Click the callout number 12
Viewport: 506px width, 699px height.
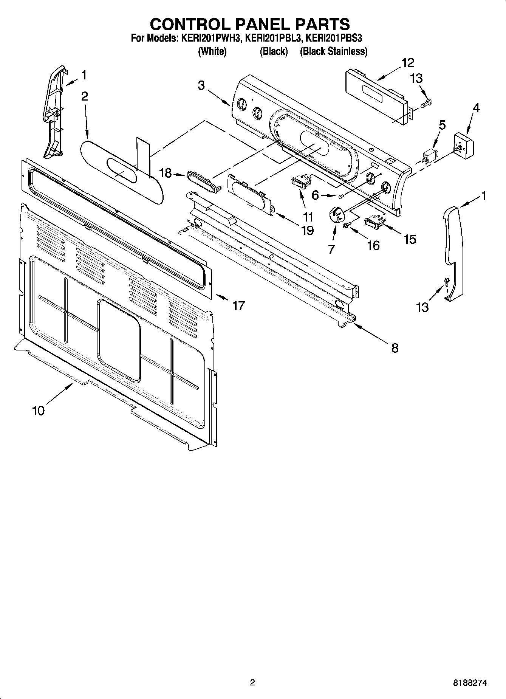pos(408,63)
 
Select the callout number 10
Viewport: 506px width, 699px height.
pos(39,410)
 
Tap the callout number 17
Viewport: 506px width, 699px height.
pos(238,305)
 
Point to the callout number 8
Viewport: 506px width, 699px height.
pos(395,348)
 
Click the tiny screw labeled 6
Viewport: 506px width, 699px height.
pos(340,196)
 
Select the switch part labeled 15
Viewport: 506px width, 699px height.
pos(374,222)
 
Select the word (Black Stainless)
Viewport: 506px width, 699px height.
pos(333,51)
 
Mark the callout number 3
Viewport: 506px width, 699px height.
pos(201,85)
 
